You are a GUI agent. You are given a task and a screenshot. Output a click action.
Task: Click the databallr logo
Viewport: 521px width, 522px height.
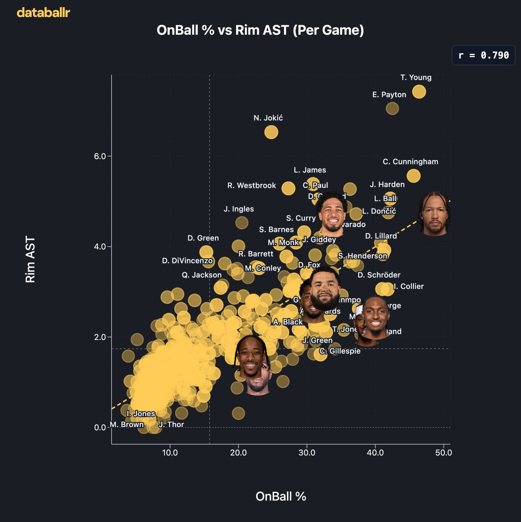point(43,13)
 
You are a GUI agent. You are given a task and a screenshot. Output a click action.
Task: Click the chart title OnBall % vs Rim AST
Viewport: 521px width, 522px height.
point(260,30)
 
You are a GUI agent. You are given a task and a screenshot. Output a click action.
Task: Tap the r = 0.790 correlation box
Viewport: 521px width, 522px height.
point(483,55)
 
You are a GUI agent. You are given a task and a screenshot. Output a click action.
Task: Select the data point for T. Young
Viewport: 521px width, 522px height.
point(419,92)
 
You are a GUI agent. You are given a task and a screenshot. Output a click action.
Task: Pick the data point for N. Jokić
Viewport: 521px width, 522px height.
point(271,132)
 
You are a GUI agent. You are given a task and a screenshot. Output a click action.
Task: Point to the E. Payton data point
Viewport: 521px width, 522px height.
point(392,108)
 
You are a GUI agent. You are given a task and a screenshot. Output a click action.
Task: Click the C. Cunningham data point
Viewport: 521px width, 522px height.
point(414,176)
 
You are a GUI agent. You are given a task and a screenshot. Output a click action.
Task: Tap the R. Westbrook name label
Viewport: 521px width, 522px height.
point(251,186)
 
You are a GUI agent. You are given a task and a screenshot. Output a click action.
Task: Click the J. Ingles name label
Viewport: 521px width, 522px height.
point(239,209)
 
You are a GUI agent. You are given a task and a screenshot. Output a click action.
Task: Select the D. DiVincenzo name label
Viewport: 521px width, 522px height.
point(187,261)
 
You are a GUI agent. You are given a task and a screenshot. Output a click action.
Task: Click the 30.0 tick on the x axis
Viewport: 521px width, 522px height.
point(307,453)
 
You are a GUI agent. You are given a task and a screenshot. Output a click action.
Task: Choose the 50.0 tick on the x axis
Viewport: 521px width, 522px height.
point(444,453)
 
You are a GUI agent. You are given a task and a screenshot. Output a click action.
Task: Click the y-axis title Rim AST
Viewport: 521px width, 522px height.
point(30,260)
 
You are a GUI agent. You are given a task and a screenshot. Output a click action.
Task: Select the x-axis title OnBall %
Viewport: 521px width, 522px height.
point(281,496)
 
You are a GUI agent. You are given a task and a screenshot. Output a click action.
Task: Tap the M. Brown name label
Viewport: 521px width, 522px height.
point(127,425)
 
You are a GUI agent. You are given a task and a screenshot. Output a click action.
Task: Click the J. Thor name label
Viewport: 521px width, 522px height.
point(171,425)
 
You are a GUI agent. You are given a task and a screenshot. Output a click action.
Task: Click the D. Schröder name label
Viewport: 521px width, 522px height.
point(379,275)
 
